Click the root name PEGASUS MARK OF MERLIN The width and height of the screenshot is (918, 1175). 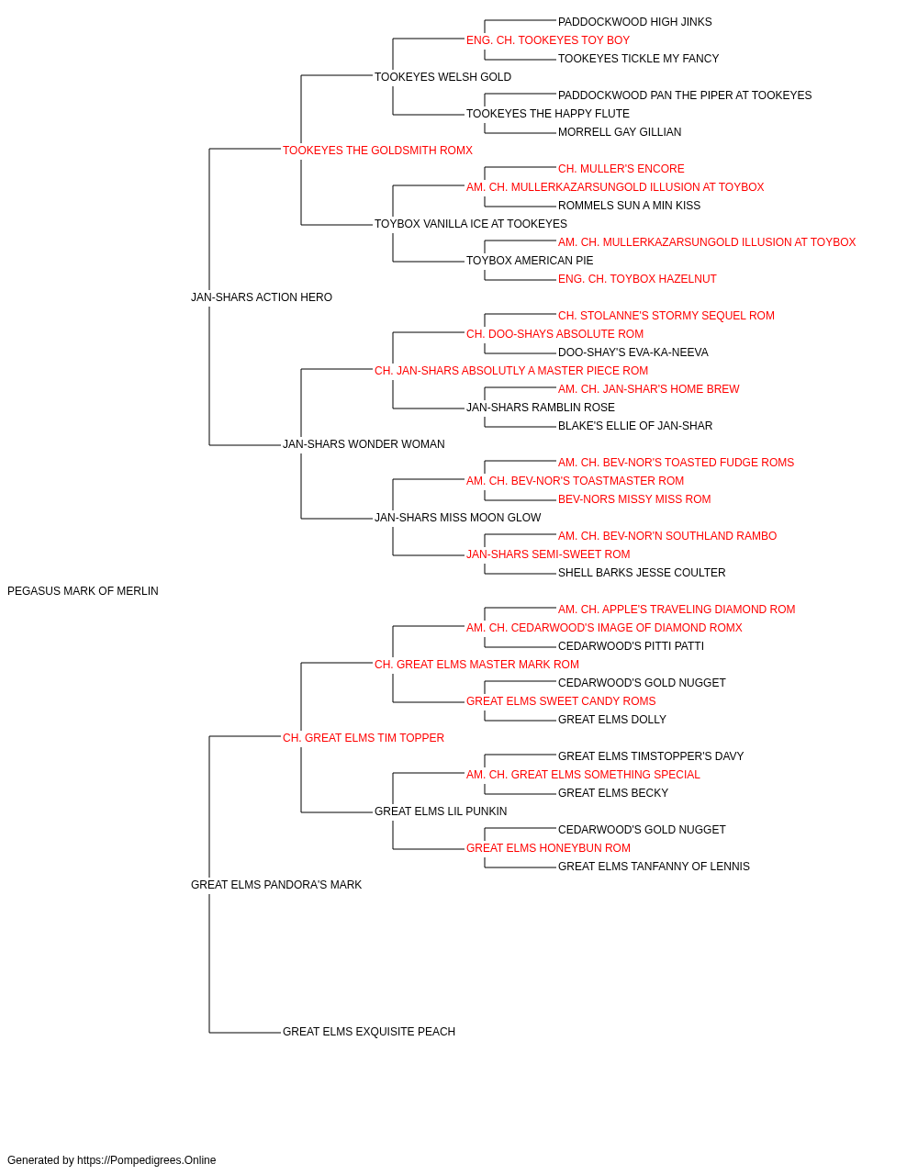[x=83, y=591]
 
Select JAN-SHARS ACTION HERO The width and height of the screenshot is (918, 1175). [x=262, y=297]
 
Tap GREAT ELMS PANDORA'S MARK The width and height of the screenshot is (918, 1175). [x=276, y=885]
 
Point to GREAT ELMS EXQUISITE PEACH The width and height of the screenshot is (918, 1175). [x=369, y=1032]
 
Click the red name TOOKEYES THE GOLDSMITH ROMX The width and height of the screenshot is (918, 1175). [x=377, y=151]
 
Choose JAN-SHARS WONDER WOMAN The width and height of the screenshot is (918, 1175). [x=364, y=444]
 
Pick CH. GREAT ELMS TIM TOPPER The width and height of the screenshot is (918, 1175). [x=364, y=738]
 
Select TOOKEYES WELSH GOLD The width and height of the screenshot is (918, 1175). [x=442, y=77]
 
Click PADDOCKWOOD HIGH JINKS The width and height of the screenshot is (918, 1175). [x=634, y=22]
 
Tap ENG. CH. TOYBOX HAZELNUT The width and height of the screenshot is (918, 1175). [x=637, y=279]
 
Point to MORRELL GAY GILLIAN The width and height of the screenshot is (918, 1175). [x=620, y=132]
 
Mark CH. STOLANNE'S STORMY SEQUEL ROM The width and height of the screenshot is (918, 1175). [x=666, y=316]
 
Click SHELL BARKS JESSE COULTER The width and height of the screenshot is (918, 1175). [x=642, y=573]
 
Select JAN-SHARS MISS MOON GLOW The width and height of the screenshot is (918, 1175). [x=458, y=518]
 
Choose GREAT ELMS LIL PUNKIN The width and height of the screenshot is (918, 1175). [x=441, y=811]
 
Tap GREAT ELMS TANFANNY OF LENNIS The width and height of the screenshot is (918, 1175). [x=654, y=867]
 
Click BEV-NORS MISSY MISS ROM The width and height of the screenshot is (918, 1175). [x=634, y=499]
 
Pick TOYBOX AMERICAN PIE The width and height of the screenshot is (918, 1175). [x=530, y=261]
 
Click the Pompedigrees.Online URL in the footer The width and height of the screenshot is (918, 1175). [x=147, y=1160]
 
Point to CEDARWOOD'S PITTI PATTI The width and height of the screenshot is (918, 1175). [x=631, y=646]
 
